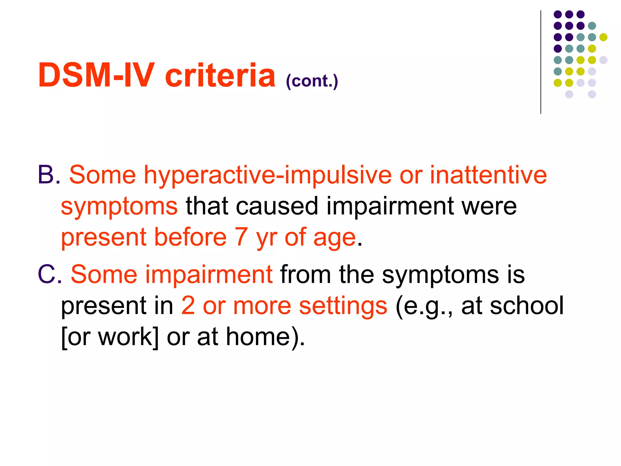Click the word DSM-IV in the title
(96, 75)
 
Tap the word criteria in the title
(220, 75)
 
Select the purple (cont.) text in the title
(312, 81)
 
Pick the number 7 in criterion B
(241, 237)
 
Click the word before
(190, 237)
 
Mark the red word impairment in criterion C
(209, 275)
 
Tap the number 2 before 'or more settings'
(188, 306)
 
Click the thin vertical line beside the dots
(541, 62)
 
